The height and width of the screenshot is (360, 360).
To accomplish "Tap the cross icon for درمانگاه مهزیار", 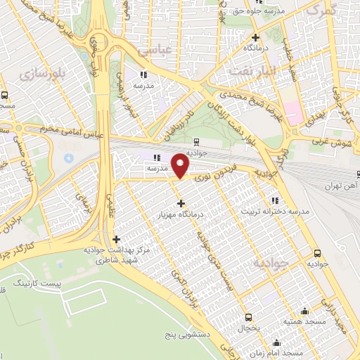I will click(181, 202).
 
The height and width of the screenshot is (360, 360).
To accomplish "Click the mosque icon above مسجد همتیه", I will click(304, 311).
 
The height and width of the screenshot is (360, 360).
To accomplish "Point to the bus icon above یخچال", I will click(247, 317).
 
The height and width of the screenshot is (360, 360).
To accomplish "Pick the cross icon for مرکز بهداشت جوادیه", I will click(117, 239).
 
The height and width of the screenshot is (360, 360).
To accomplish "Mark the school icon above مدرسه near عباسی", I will click(143, 74).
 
